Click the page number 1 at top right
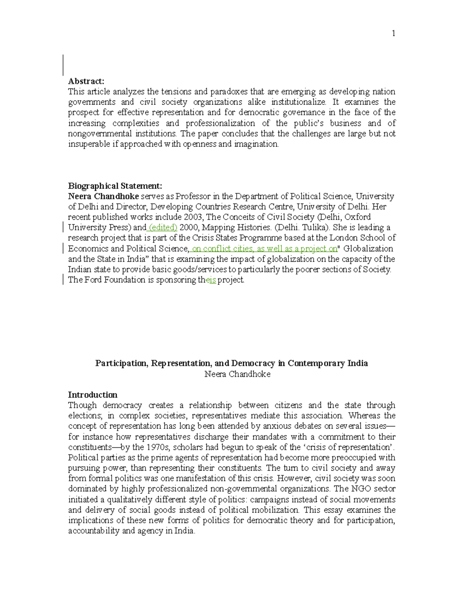point(393,34)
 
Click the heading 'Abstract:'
point(86,81)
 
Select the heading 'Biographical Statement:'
point(115,186)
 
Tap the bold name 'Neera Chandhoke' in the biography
point(103,196)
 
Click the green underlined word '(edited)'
point(163,228)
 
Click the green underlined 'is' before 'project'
point(212,280)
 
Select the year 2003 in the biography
point(193,217)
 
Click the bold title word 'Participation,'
point(121,363)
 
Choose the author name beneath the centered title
point(237,374)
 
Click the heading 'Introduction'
point(92,395)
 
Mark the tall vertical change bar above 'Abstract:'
point(63,65)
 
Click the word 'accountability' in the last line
point(94,531)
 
